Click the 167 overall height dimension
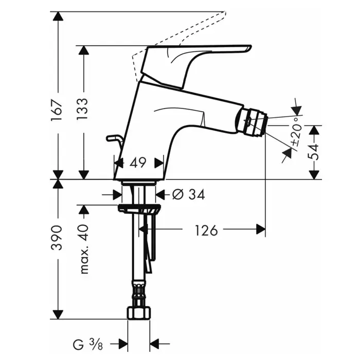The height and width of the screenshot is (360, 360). pos(57,110)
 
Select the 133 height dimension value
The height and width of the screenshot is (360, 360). pos(82,109)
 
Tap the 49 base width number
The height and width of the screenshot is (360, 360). pos(138,163)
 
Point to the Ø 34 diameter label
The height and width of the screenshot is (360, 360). pos(188,195)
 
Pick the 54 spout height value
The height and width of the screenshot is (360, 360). pos(313,152)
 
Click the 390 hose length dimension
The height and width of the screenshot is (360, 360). pos(57,238)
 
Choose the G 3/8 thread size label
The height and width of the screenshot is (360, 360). pos(88,345)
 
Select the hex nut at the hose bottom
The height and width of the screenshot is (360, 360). pos(139,313)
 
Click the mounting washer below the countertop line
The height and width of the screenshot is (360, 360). pos(139,208)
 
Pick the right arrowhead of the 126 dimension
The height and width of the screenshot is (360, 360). pos(261,229)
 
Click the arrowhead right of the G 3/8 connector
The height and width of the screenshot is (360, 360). pos(154,344)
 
